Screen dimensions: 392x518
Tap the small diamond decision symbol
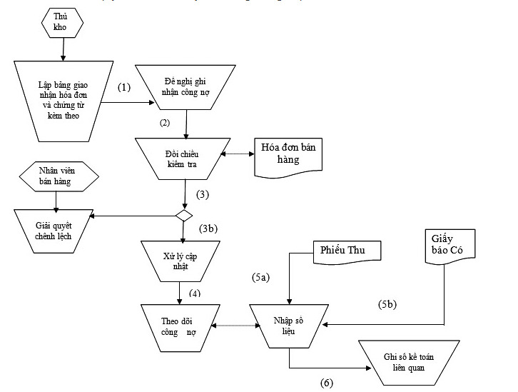click(x=184, y=214)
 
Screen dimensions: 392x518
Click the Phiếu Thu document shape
click(x=347, y=251)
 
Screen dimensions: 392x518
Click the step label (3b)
click(x=208, y=229)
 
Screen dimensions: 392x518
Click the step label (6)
click(x=325, y=383)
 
